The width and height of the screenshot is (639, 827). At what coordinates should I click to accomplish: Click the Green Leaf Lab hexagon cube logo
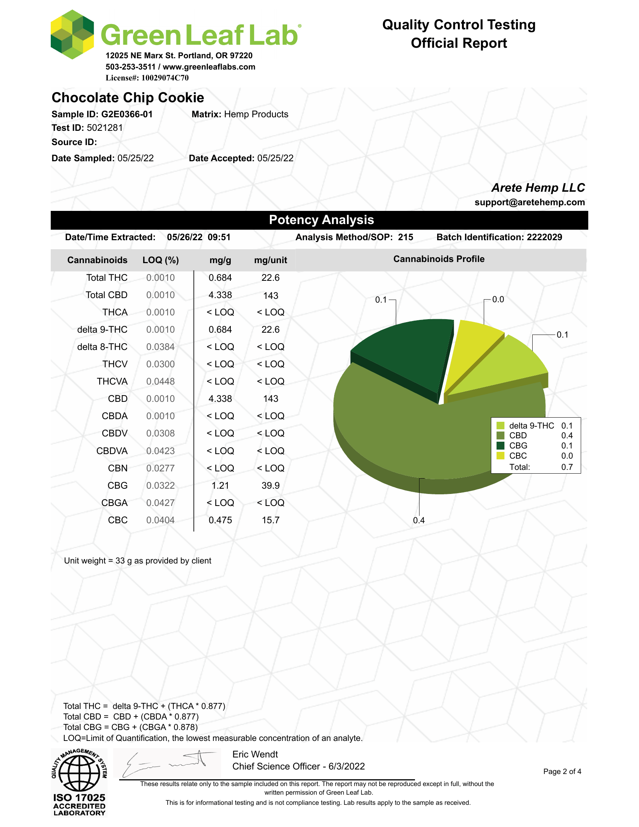(72, 35)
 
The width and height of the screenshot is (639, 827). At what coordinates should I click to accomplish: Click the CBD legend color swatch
(500, 435)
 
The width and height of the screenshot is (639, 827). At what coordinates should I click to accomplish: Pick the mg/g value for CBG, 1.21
(220, 485)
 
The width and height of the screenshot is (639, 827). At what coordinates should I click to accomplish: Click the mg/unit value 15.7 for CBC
(270, 520)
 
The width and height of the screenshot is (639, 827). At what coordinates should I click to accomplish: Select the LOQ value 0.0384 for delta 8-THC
(161, 347)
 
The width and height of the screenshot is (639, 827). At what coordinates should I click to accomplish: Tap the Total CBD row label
(106, 295)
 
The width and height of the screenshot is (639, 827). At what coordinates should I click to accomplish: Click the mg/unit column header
(270, 260)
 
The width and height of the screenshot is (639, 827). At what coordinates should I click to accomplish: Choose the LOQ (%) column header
(161, 260)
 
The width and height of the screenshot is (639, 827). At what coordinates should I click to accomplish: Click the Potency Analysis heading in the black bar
(321, 220)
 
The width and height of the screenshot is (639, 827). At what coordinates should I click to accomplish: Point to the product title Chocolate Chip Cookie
(128, 98)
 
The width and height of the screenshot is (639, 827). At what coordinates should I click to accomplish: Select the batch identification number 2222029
(544, 237)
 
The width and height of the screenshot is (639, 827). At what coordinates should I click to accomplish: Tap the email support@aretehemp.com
(529, 202)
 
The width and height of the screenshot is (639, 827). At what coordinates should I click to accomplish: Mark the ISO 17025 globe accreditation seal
(79, 782)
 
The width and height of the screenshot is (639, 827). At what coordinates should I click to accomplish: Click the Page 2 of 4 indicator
(562, 771)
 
